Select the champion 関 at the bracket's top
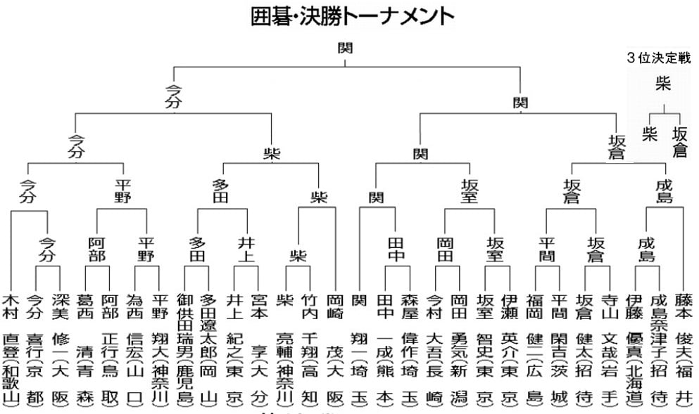coord(345,48)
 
